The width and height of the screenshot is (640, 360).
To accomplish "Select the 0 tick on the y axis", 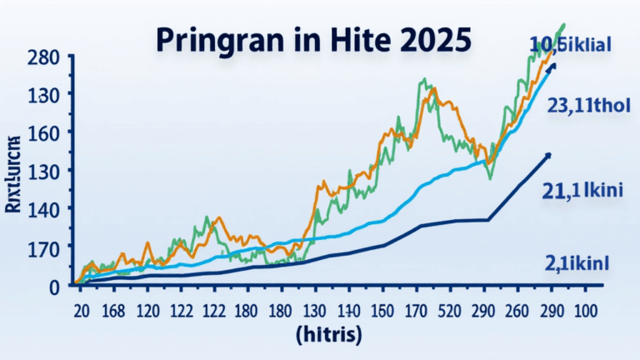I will (54, 286).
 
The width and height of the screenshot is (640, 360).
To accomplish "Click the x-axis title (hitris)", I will (328, 336).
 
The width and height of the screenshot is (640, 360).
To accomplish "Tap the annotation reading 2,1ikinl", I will (577, 263).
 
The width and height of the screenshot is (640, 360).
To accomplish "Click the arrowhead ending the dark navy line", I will (548, 155).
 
